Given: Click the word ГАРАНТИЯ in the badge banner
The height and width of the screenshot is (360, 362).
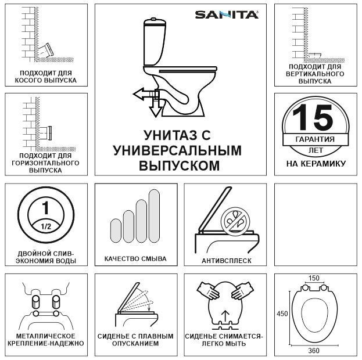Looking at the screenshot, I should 315,140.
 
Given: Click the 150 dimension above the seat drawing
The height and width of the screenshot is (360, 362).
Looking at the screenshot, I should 314,278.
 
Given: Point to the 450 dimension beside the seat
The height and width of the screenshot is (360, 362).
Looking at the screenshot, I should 282,314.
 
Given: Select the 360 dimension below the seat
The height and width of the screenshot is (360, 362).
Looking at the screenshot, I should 314,350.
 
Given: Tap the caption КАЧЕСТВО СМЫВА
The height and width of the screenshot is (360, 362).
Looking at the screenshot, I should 135,259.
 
